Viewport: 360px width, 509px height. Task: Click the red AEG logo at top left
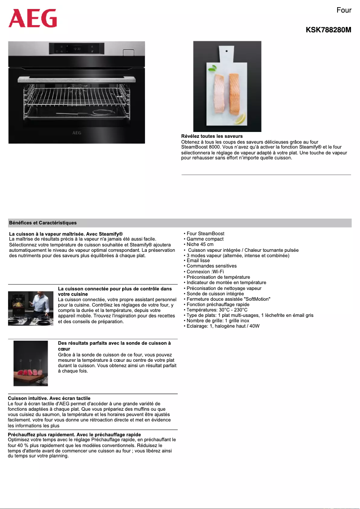(33, 19)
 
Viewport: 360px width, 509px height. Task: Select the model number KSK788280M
(328, 30)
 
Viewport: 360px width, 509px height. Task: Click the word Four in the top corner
(344, 10)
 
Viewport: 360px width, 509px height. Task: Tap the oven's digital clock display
(76, 48)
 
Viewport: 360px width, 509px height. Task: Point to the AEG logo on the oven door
(77, 133)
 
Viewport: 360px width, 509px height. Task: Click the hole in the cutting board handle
(227, 51)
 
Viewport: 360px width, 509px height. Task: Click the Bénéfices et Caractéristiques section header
(43, 223)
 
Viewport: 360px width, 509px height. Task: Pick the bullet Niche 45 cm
(200, 245)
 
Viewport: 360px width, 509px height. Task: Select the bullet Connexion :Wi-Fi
(205, 272)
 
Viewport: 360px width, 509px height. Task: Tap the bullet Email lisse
(198, 261)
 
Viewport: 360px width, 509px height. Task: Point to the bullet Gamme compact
(205, 239)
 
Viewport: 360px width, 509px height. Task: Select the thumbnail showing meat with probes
(31, 363)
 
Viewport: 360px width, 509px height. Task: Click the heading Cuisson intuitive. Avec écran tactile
(49, 398)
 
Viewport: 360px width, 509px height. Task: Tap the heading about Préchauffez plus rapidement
(75, 434)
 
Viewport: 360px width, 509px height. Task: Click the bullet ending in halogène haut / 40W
(223, 326)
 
